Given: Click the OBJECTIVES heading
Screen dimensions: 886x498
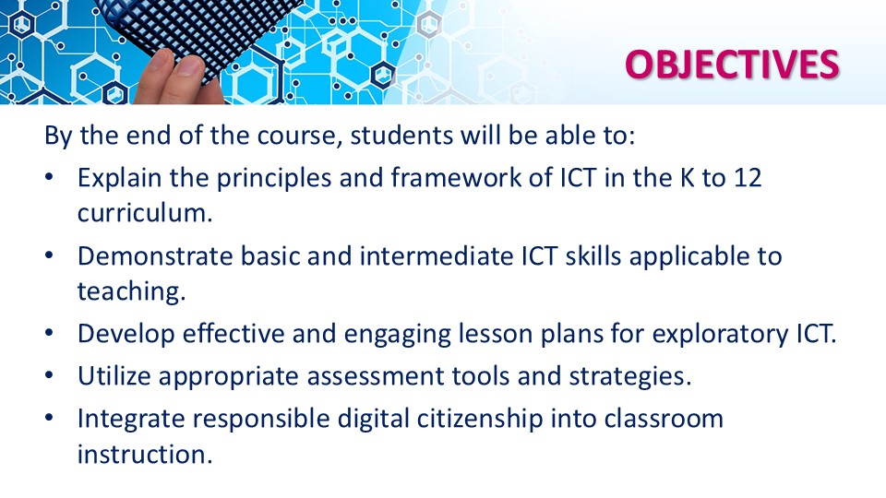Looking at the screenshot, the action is (x=732, y=64).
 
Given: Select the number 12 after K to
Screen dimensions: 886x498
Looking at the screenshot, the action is (x=748, y=178).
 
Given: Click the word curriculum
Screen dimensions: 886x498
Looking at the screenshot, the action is (x=145, y=213).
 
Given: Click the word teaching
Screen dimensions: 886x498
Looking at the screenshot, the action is (x=132, y=292).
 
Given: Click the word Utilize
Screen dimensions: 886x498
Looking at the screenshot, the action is (x=114, y=376).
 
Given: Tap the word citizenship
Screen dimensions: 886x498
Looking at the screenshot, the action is (x=480, y=419).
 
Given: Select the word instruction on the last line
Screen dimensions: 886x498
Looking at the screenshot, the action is (x=145, y=455).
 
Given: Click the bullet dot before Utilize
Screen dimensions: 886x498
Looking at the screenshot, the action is (x=49, y=375).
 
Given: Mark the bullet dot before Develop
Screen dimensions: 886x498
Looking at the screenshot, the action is (x=49, y=333).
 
